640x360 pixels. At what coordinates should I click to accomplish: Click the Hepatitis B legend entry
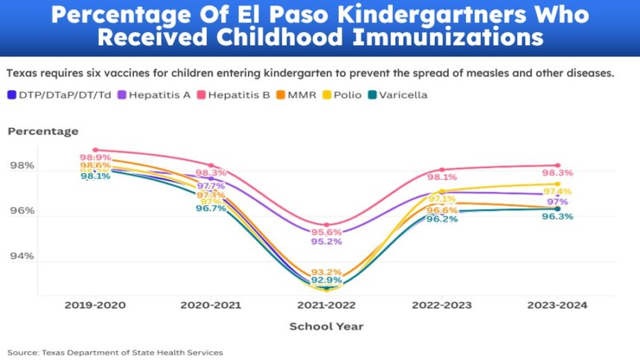(x=239, y=94)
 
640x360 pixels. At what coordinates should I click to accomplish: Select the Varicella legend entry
(x=403, y=94)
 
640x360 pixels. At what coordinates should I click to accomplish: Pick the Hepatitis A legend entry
(x=157, y=94)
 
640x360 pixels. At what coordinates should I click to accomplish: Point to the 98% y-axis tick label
(x=21, y=165)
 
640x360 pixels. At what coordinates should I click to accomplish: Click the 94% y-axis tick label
(x=21, y=256)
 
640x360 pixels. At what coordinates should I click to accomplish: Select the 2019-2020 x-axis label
(x=95, y=306)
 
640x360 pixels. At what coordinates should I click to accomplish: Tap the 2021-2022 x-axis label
(x=326, y=306)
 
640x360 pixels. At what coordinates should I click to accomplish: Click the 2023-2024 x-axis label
(x=557, y=306)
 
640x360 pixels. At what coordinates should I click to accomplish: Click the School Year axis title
(x=326, y=326)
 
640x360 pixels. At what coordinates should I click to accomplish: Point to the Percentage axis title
(x=42, y=132)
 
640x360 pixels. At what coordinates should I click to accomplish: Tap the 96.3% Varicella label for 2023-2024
(x=557, y=216)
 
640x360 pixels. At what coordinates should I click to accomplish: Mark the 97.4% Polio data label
(x=557, y=192)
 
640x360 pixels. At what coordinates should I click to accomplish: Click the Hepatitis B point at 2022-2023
(x=442, y=170)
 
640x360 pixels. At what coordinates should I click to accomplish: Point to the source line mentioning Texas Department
(x=115, y=352)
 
